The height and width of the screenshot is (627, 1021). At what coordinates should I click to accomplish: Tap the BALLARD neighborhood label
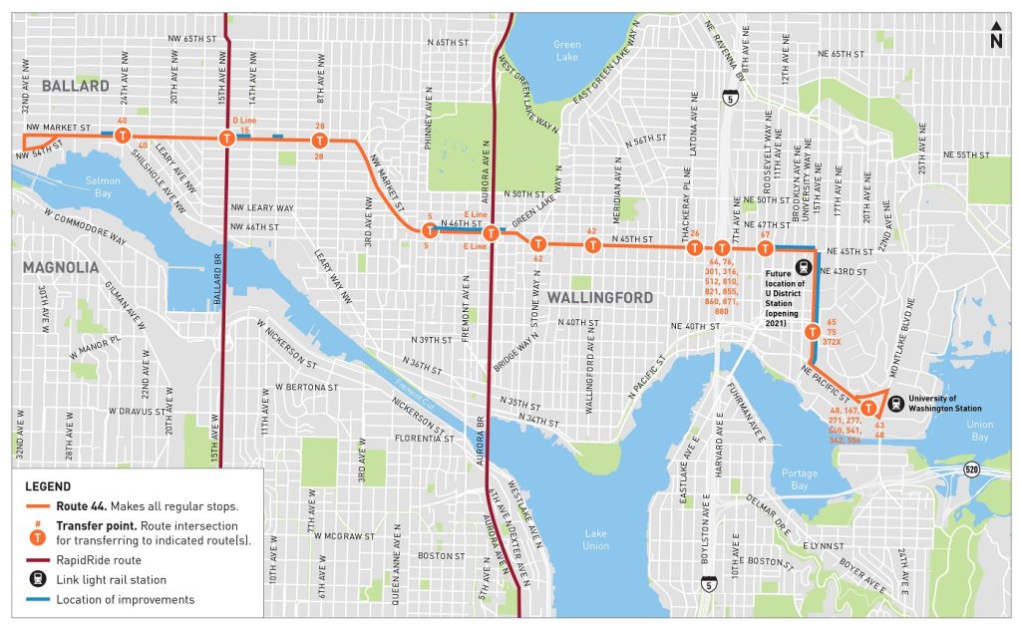tap(76, 87)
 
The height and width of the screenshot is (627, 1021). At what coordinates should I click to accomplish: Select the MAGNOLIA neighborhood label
tap(61, 268)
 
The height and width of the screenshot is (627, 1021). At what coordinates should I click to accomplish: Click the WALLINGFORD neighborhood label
tap(599, 298)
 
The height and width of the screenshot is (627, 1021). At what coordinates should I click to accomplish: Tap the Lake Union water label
tap(597, 538)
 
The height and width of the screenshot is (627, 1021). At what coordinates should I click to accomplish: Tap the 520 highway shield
tap(970, 468)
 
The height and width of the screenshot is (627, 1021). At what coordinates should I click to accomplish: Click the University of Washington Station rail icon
tap(896, 405)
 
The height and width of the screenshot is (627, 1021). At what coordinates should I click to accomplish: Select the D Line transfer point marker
tap(227, 139)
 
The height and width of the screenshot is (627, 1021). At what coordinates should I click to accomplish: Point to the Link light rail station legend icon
tap(37, 580)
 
